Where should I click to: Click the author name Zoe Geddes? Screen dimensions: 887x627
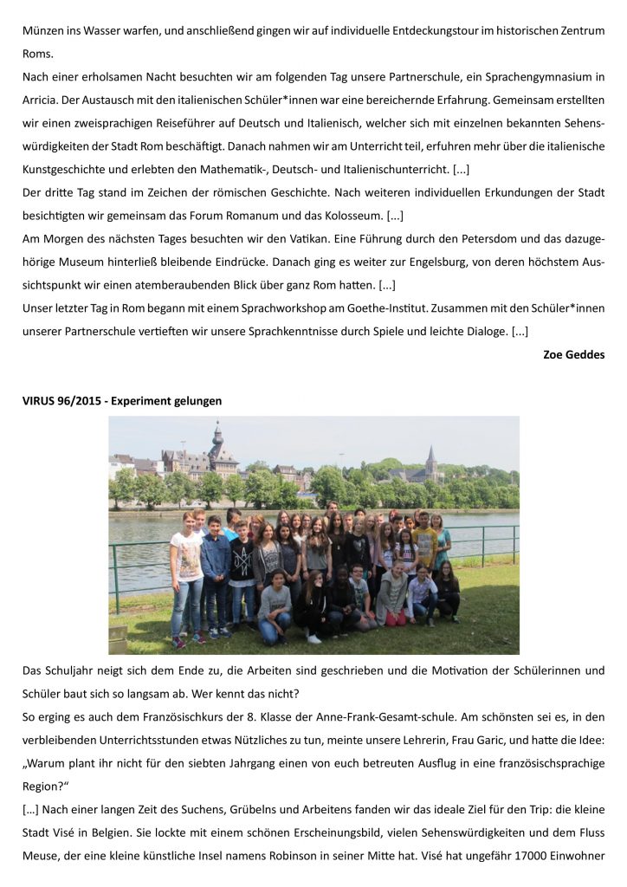click(573, 353)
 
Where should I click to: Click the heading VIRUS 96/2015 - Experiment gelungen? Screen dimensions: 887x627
click(122, 400)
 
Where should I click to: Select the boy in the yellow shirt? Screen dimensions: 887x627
click(424, 541)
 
